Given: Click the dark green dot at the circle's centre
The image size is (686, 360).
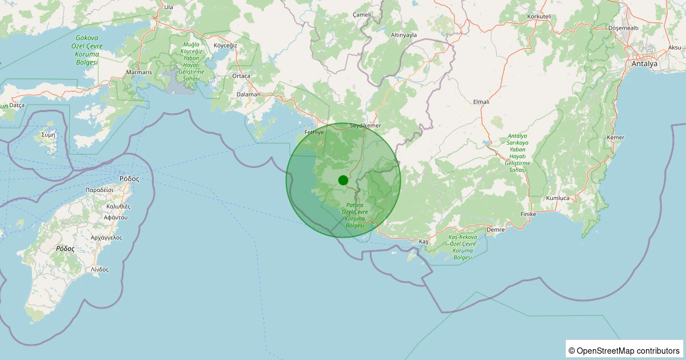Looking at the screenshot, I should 343,180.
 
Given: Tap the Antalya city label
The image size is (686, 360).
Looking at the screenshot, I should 644,64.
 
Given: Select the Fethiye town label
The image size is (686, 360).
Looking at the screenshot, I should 314,132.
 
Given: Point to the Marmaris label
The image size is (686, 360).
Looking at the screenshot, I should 139,73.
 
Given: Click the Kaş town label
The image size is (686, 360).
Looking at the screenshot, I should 423,242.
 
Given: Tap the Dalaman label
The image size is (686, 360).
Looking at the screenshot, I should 248,94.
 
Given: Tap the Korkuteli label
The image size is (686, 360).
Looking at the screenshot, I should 539,17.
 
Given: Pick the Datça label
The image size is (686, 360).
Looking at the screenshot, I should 17,105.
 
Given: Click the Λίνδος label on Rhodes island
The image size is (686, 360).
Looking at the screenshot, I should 99,269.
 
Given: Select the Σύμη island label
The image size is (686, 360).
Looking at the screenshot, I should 49,135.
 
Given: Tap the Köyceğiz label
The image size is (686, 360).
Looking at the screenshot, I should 225,45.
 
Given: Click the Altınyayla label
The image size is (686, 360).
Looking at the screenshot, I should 404,35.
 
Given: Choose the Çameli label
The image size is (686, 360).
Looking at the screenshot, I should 362,14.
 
